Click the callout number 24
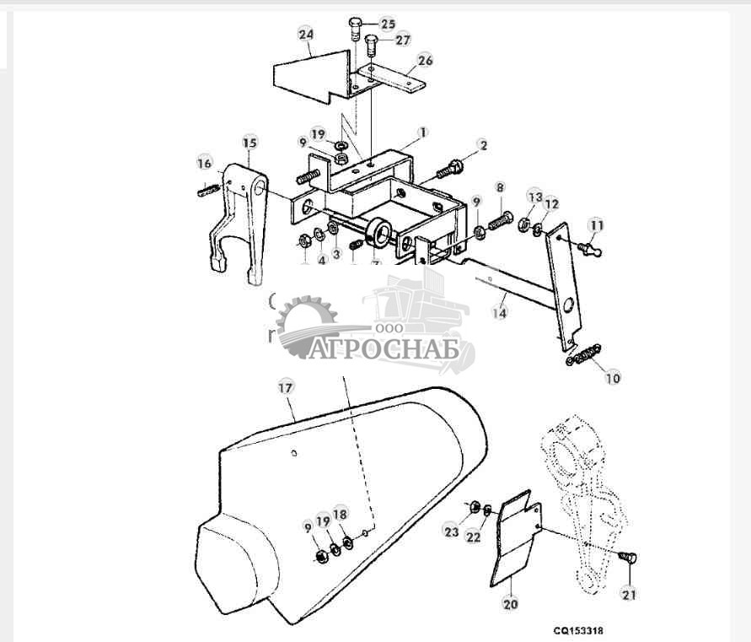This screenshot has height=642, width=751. [x=305, y=35]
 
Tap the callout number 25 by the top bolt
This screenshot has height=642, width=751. [x=387, y=23]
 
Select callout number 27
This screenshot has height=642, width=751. [x=403, y=40]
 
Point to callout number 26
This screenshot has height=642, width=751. [x=425, y=61]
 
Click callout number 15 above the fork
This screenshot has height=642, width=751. [x=249, y=142]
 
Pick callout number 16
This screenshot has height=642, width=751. [x=204, y=163]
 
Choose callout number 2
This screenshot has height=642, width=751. [x=482, y=145]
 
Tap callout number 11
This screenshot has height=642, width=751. [x=597, y=225]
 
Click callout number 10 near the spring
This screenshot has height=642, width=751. [x=612, y=378]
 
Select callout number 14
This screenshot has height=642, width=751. [x=500, y=312]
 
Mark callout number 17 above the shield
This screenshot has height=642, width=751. [x=285, y=388]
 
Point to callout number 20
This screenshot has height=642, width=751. [x=511, y=603]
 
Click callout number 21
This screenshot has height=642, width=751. [x=629, y=594]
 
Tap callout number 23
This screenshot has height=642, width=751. [x=452, y=531]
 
